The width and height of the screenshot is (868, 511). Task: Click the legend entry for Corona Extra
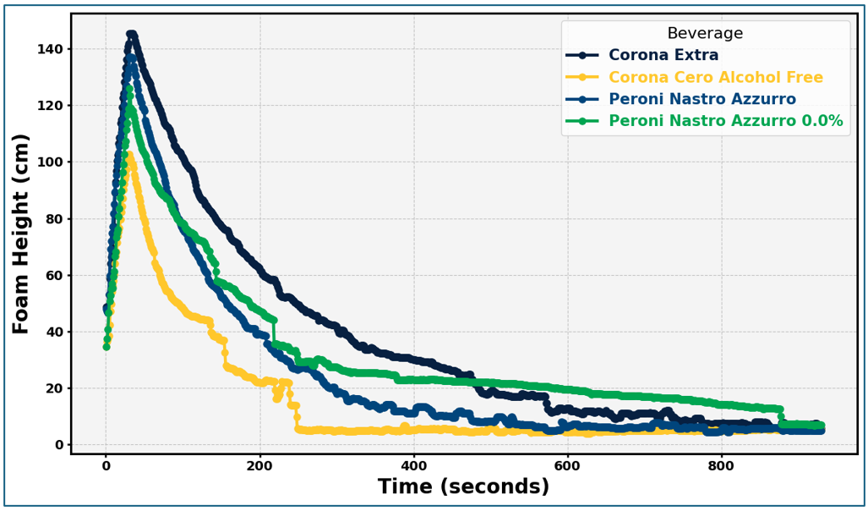[663, 56]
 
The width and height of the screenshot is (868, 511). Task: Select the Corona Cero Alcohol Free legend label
[715, 78]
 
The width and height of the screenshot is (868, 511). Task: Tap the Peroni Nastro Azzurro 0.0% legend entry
[725, 122]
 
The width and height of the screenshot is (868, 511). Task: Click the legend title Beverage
[705, 34]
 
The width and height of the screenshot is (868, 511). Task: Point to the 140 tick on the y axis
[51, 49]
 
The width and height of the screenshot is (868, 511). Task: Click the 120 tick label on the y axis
[51, 106]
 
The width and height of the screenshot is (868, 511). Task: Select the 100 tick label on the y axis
[51, 162]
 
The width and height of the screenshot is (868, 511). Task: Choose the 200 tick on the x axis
[259, 464]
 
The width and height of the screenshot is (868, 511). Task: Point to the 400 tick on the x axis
[413, 464]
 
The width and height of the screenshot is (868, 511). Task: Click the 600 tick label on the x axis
[567, 464]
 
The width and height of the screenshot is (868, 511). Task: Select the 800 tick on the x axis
[721, 464]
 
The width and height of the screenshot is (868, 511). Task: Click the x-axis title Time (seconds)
[463, 487]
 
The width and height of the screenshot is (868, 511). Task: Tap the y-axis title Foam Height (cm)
[21, 234]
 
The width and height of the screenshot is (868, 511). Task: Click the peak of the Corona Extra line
[131, 36]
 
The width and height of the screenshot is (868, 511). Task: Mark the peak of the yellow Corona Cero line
[128, 155]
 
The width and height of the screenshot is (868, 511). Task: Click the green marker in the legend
[582, 122]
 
